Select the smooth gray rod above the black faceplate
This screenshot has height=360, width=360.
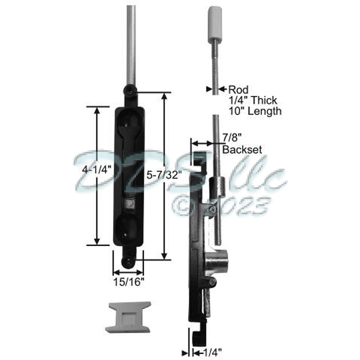tap(129, 42)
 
